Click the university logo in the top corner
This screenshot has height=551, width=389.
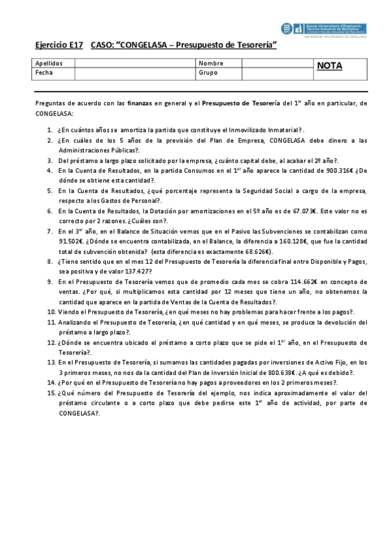click(323, 28)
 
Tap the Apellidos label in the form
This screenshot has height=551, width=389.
click(49, 64)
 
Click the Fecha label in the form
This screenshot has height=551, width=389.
click(44, 73)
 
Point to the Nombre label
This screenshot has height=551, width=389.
click(211, 64)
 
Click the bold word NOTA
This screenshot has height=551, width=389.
click(329, 66)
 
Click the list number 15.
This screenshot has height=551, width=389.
click(51, 393)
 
